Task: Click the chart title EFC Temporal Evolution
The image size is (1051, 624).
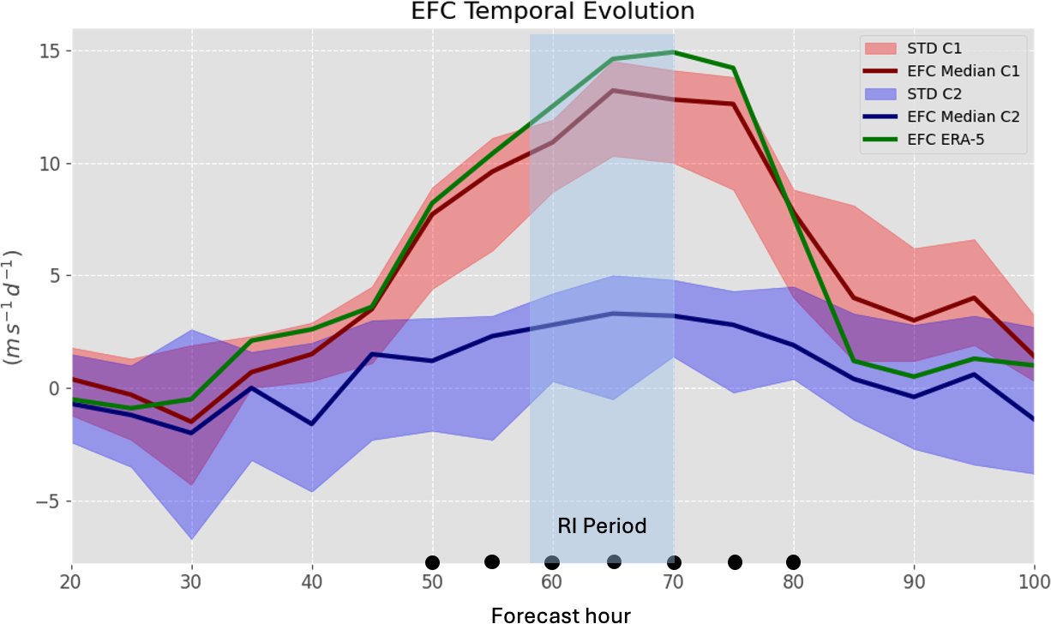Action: click(x=525, y=11)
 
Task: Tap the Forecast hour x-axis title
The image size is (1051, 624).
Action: click(x=561, y=614)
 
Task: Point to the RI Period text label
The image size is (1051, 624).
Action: click(x=602, y=525)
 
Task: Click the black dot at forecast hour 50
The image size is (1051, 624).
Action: click(x=432, y=562)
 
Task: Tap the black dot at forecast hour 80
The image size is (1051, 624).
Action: click(x=793, y=561)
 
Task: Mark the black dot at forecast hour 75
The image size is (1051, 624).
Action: click(x=735, y=562)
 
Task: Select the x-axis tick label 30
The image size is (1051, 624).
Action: click(x=192, y=582)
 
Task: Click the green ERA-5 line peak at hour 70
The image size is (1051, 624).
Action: click(x=673, y=52)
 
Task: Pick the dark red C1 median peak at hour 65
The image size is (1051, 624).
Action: click(x=613, y=90)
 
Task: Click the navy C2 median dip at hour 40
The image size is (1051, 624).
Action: click(x=312, y=423)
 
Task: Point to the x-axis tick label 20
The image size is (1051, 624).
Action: click(x=72, y=582)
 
